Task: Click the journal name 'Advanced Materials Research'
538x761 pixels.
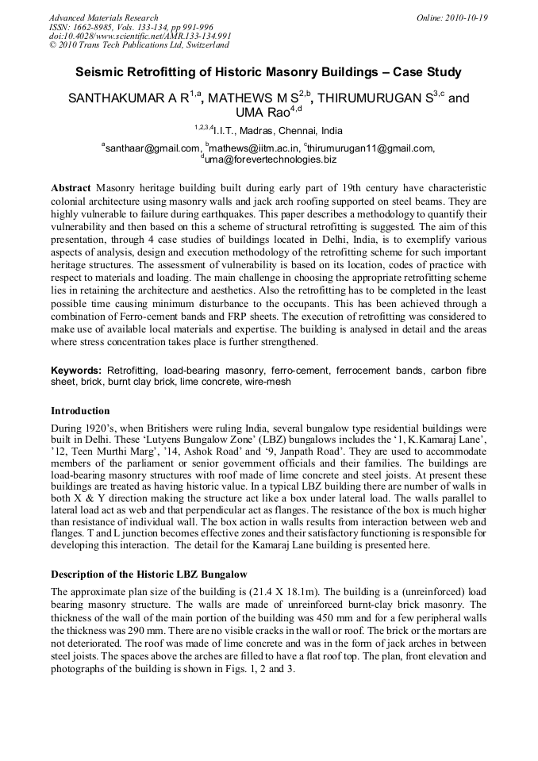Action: pyautogui.click(x=103, y=17)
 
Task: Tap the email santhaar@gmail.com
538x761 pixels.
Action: pyautogui.click(x=153, y=148)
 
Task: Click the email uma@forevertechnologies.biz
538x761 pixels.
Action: pyautogui.click(x=271, y=159)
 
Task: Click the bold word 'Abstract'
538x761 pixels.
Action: pyautogui.click(x=71, y=188)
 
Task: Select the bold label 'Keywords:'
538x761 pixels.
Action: pyautogui.click(x=76, y=371)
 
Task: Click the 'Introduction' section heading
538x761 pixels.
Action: pyautogui.click(x=80, y=411)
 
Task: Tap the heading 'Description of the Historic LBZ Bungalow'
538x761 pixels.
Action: pyautogui.click(x=160, y=574)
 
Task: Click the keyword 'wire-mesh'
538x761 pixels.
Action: pyautogui.click(x=268, y=382)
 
